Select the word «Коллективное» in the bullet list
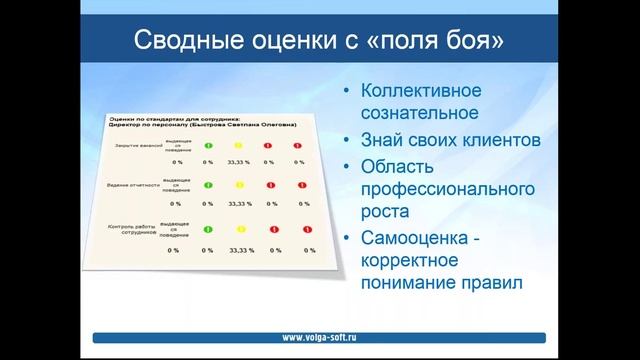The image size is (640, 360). [x=420, y=90]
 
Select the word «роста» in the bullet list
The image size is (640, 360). [x=382, y=212]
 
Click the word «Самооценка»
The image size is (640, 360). [x=421, y=238]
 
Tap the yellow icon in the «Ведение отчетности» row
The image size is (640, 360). [x=239, y=186]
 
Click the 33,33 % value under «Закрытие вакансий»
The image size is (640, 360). [x=239, y=160]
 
